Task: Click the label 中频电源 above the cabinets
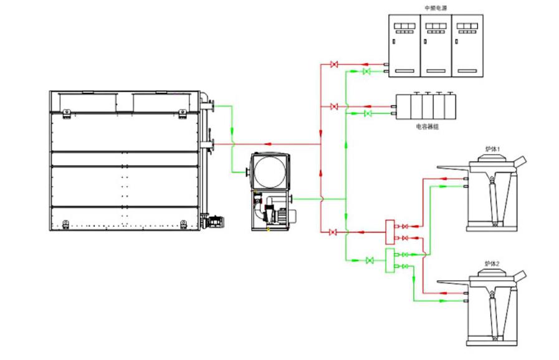point(436,8)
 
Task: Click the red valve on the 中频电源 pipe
point(334,64)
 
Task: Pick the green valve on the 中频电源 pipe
point(366,72)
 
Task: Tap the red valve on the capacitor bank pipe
point(334,107)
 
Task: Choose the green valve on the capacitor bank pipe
point(367,114)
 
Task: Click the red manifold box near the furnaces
point(390,231)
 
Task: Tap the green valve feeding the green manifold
point(370,260)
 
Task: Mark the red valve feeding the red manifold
point(333,232)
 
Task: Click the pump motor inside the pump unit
point(274,213)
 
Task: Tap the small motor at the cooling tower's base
point(216,220)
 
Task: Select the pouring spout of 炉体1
point(520,161)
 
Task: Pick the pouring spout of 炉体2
point(520,276)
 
